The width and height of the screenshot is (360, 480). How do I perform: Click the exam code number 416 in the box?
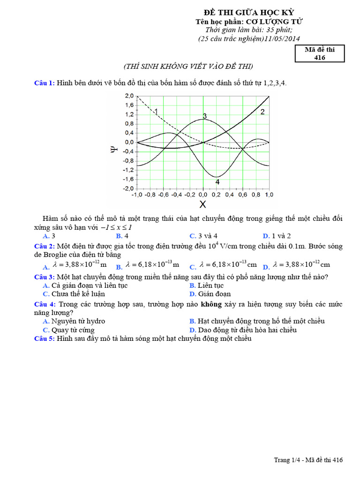[x=319, y=57]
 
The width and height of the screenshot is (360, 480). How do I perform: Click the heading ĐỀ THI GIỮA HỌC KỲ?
[x=248, y=13]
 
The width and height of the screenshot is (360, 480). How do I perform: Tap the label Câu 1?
[x=45, y=83]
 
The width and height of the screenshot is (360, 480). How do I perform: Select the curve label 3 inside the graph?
[x=205, y=116]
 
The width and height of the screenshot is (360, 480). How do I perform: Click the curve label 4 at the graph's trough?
[x=217, y=182]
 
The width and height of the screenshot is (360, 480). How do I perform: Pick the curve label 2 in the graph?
[x=262, y=112]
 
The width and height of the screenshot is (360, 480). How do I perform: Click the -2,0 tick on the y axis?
[x=128, y=188]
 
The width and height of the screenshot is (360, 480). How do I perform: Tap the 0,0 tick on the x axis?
[x=202, y=194]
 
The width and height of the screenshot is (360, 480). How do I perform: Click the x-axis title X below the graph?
[x=202, y=204]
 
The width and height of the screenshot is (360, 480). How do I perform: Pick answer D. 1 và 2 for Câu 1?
[x=277, y=236]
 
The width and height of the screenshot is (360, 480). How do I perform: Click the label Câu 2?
[x=45, y=246]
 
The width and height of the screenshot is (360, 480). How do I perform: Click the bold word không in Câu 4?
[x=211, y=304]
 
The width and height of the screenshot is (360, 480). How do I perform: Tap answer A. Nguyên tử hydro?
[x=74, y=321]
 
